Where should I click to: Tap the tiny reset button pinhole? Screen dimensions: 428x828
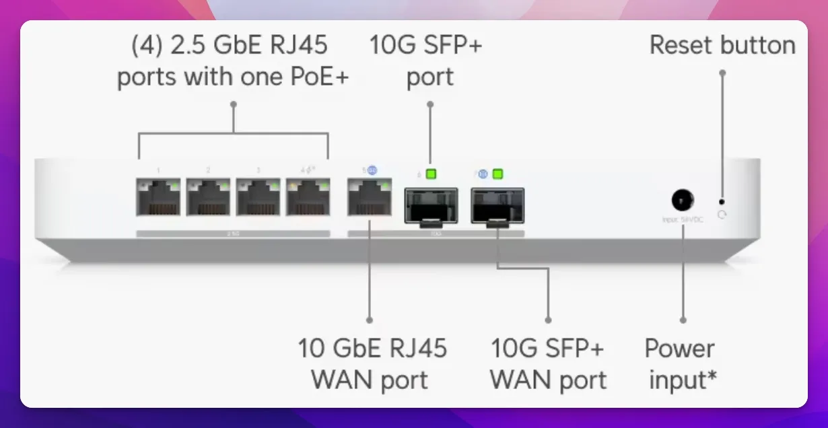pyautogui.click(x=722, y=201)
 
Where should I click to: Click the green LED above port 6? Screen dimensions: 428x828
pyautogui.click(x=431, y=175)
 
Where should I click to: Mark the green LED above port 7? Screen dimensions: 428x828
pyautogui.click(x=498, y=175)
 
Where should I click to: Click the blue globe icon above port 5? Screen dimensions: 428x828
pyautogui.click(x=372, y=171)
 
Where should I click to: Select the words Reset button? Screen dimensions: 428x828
pyautogui.click(x=722, y=45)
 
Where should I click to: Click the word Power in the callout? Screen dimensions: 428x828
pyautogui.click(x=679, y=349)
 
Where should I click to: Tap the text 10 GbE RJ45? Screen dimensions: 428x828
pyautogui.click(x=372, y=349)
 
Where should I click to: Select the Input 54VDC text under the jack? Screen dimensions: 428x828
pyautogui.click(x=683, y=220)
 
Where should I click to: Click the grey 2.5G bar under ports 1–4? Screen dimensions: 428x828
pyautogui.click(x=233, y=234)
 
